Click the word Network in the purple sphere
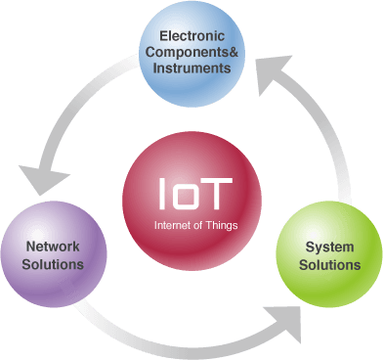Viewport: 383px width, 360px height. (54, 247)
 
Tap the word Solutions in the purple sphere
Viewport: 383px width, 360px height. (54, 264)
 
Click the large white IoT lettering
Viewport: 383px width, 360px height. (195, 192)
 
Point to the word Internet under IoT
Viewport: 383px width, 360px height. (173, 225)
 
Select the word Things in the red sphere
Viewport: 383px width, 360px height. (223, 225)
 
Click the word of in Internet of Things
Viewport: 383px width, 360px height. (198, 225)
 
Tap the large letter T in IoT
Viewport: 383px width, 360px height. (219, 192)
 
